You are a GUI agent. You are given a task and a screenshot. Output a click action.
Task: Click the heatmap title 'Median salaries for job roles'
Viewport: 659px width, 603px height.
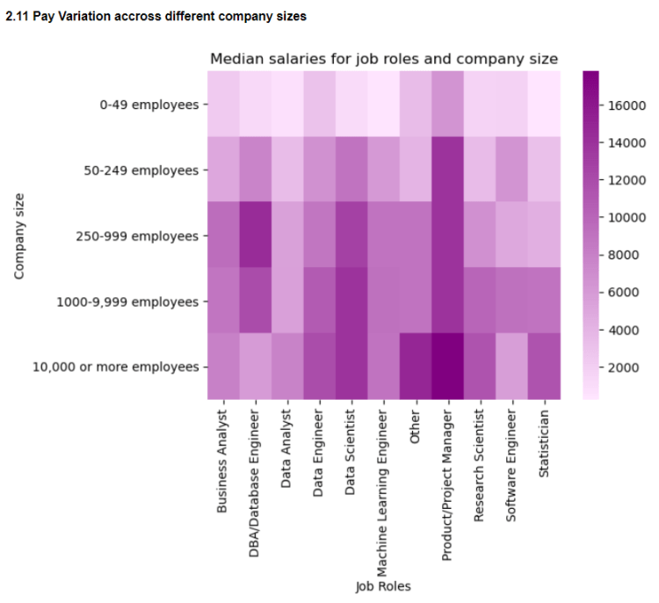coord(383,59)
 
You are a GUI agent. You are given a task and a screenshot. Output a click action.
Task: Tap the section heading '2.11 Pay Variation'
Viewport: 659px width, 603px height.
coord(156,16)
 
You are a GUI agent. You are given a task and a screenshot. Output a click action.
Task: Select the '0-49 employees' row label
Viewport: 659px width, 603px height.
coord(149,105)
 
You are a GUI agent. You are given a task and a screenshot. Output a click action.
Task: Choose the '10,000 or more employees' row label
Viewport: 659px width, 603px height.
coord(115,367)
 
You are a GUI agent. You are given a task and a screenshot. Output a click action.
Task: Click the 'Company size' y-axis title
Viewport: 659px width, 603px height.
coord(19,236)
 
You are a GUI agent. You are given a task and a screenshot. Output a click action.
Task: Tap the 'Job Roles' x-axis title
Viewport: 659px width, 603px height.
coord(382,586)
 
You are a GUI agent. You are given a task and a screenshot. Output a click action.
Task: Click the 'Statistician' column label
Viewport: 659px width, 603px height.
coord(545,443)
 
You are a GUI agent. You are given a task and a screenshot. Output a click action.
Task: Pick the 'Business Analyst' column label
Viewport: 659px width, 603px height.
coord(221,460)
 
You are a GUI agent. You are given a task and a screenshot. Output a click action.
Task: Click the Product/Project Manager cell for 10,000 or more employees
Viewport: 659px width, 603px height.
coord(448,367)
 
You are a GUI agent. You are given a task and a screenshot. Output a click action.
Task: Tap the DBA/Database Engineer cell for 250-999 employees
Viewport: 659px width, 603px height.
coord(255,236)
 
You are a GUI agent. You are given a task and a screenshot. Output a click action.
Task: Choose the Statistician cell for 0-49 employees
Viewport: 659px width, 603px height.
coord(545,105)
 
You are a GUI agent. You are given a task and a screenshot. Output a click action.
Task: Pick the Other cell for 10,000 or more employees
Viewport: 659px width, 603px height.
coord(416,367)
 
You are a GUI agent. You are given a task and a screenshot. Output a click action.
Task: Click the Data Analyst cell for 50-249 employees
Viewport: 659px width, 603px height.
coord(287,171)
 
